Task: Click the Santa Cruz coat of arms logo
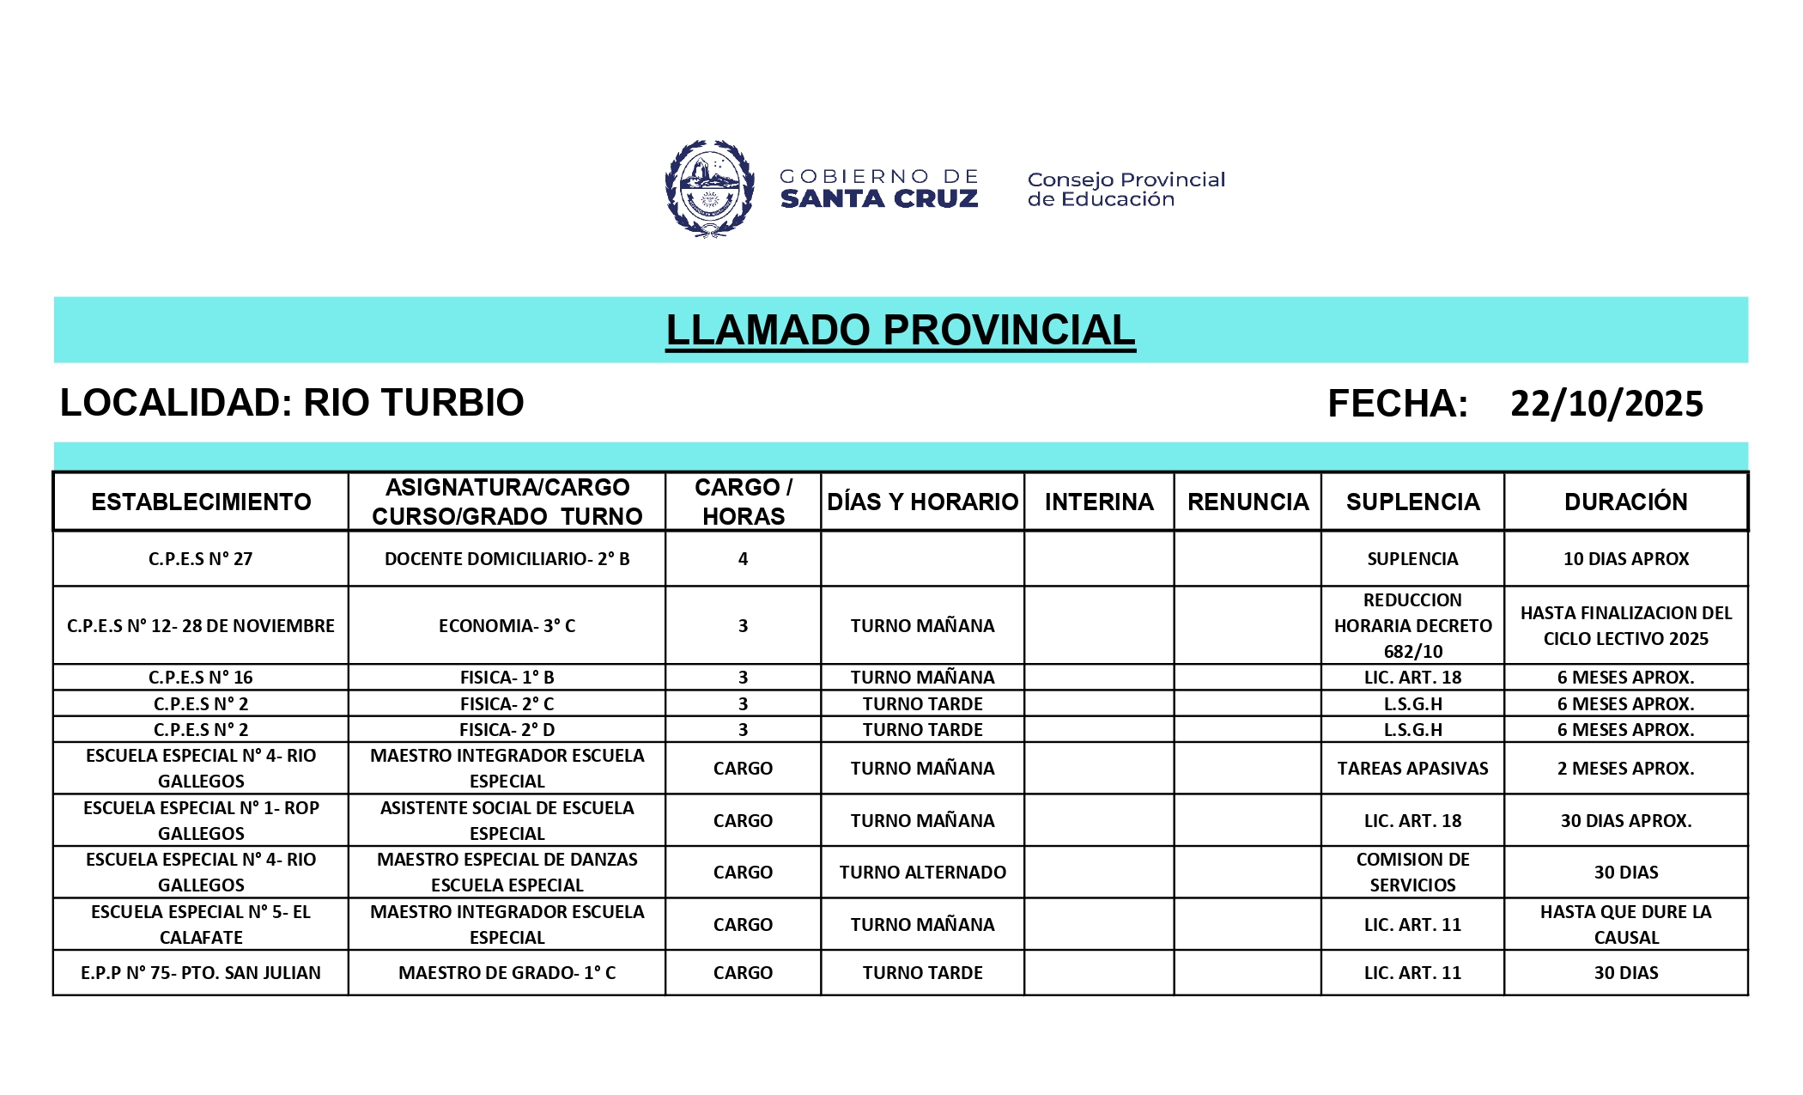(x=709, y=188)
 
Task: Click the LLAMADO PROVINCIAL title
(x=900, y=331)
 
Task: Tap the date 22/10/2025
(x=1606, y=404)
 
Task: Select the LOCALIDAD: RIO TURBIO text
(x=292, y=403)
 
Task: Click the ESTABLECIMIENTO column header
(x=201, y=502)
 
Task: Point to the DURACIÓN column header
(x=1625, y=502)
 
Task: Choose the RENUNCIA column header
(x=1248, y=502)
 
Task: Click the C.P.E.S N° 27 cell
(x=201, y=559)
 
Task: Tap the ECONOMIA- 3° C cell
(x=507, y=626)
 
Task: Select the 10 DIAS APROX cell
(x=1625, y=559)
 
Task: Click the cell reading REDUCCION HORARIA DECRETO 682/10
(x=1412, y=626)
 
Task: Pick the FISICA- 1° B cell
(x=507, y=678)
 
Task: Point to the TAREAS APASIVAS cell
(x=1412, y=769)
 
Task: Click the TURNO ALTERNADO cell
(x=922, y=873)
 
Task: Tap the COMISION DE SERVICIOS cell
(x=1412, y=873)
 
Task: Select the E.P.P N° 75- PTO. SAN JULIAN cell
(x=201, y=973)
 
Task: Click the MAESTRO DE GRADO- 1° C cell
(x=507, y=973)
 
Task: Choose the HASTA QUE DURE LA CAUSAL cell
(x=1625, y=925)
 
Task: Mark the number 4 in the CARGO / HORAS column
(x=743, y=559)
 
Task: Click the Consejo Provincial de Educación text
(x=1126, y=189)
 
